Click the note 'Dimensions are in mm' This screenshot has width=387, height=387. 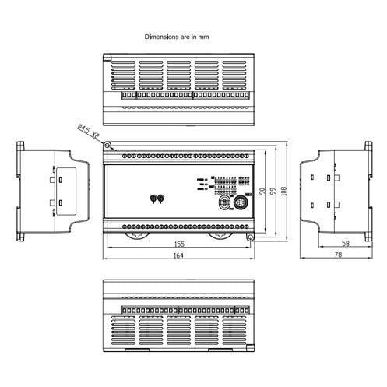pyautogui.click(x=177, y=37)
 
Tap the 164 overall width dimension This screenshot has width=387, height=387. pyautogui.click(x=179, y=255)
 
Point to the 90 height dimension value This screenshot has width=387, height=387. pyautogui.click(x=262, y=191)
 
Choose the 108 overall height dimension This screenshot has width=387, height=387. pyautogui.click(x=283, y=191)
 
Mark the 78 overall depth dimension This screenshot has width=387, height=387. pyautogui.click(x=338, y=255)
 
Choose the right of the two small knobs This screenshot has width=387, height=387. pyautogui.click(x=161, y=199)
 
